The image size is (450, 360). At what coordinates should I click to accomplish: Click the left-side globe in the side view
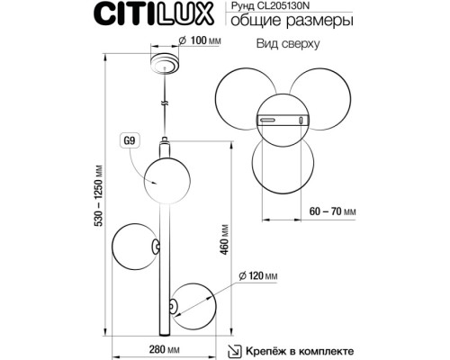tap(134, 244)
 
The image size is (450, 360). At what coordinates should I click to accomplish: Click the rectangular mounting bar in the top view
tap(280, 119)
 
